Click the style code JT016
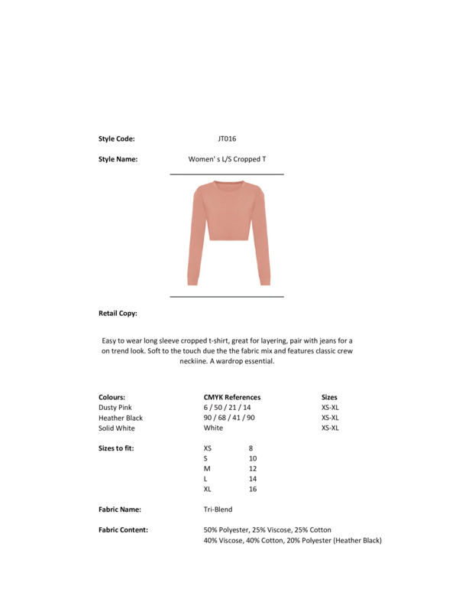tap(227, 139)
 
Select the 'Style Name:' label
tap(118, 160)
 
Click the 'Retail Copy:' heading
tap(118, 314)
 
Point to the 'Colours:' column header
tap(112, 397)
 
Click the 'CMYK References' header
tap(232, 397)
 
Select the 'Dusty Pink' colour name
tap(115, 408)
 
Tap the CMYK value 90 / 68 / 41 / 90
tap(229, 418)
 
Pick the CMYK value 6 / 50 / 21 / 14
tap(227, 408)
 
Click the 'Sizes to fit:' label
tap(116, 448)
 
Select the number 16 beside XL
tap(253, 489)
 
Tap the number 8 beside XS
tap(251, 448)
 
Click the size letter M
tap(207, 468)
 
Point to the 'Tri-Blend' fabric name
tap(218, 509)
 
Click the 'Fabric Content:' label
tap(123, 529)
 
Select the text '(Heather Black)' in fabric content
tap(356, 541)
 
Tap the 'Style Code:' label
tap(116, 139)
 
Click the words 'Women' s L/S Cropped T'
tap(227, 160)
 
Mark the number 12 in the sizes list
tap(253, 468)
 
